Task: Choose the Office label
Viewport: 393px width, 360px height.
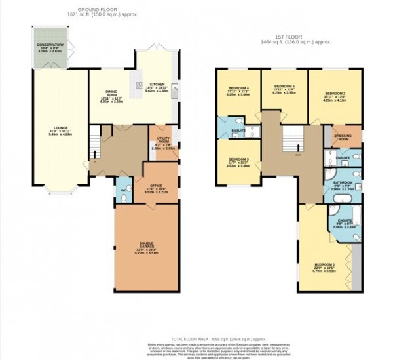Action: click(155, 188)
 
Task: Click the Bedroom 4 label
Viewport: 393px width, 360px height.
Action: click(238, 90)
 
